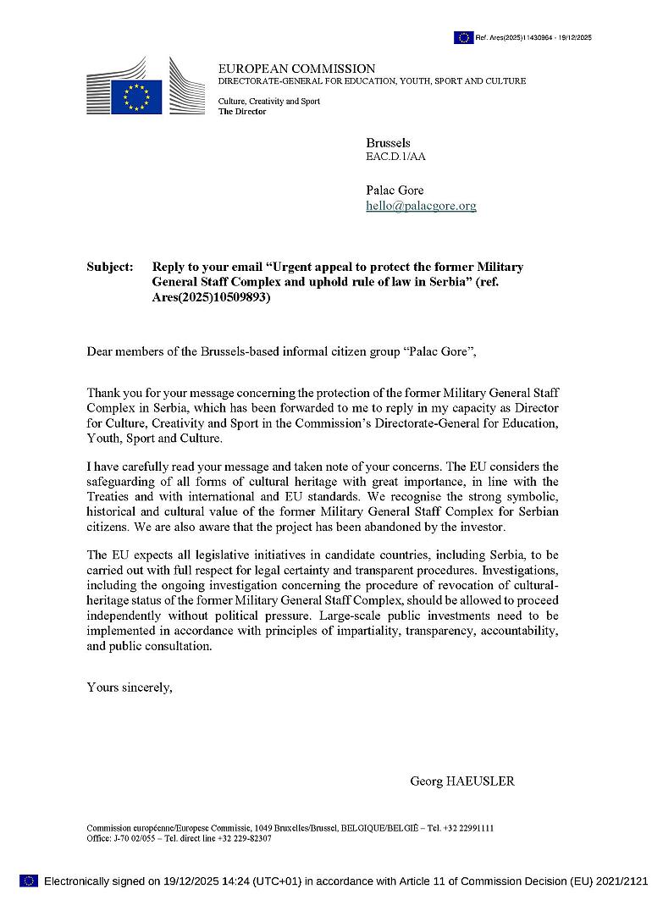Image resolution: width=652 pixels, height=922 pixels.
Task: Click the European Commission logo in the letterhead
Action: (145, 86)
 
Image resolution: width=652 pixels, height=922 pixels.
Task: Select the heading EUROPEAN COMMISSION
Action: (296, 69)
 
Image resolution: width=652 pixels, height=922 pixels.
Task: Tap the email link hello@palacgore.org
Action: (421, 206)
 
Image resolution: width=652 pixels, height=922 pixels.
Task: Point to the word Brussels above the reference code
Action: (388, 143)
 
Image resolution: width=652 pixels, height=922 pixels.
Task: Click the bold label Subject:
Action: (110, 267)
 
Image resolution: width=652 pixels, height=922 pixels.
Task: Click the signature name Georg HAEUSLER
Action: (461, 781)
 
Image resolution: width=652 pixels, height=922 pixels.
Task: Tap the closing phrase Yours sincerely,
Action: (130, 687)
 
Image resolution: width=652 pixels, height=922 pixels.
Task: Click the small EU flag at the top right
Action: (463, 37)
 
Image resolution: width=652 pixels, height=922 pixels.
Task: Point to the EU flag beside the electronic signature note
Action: (29, 881)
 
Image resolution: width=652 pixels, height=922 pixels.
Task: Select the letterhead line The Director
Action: (242, 112)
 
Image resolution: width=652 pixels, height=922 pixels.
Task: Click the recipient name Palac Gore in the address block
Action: (395, 190)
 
